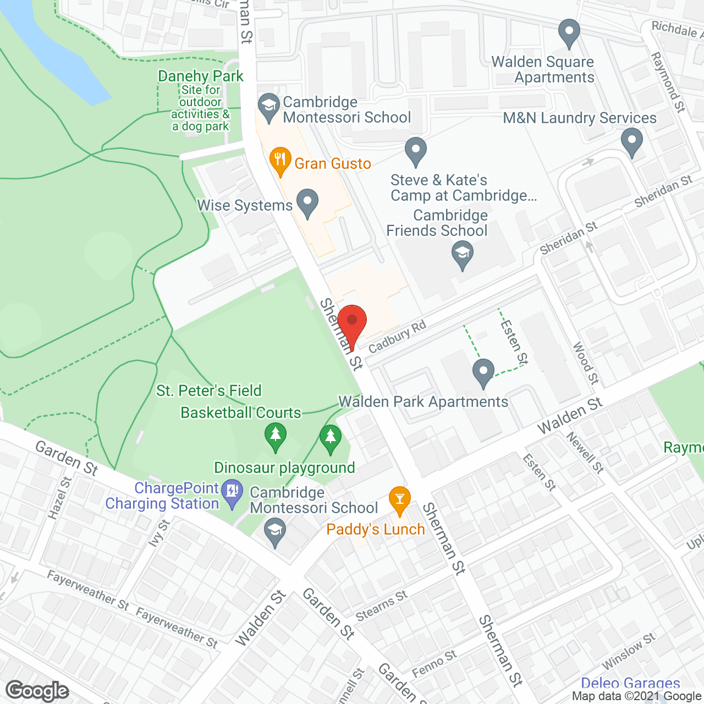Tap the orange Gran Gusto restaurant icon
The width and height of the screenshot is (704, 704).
coord(280,160)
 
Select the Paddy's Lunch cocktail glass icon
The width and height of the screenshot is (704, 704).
coord(399,499)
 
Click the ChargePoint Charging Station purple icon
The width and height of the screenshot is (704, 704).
coord(232,490)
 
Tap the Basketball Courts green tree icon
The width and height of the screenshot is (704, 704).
coord(276,435)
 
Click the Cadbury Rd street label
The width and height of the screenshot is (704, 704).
coord(397,337)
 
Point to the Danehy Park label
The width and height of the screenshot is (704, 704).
coord(200,76)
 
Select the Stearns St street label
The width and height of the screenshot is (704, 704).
coord(382,606)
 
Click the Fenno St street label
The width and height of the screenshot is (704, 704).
coord(435,663)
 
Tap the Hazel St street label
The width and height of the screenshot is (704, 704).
coord(61,498)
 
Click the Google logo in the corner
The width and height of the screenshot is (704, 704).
coord(37,690)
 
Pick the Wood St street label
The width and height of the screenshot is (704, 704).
coord(586,362)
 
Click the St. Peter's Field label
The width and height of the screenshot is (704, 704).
coord(209,391)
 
